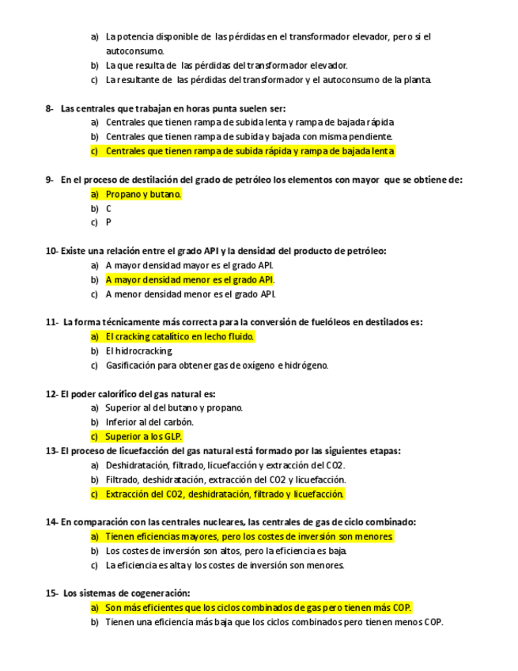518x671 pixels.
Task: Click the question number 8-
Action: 51,108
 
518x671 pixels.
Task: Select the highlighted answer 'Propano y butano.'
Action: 143,194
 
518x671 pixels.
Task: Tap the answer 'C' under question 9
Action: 109,208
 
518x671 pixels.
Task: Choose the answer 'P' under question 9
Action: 109,222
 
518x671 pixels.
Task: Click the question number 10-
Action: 52,251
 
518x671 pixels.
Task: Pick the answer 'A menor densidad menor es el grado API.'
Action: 191,294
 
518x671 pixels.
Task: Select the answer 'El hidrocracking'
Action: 138,351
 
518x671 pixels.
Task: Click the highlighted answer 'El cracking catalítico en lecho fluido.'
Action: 180,336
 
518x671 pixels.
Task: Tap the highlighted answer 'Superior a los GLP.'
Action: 143,436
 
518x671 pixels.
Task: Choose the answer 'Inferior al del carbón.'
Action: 149,422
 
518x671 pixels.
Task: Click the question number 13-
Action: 52,451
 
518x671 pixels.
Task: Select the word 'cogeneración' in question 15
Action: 158,593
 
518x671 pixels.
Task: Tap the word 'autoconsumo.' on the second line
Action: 135,51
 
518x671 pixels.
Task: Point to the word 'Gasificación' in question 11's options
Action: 131,365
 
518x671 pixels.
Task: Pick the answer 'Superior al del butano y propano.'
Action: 174,408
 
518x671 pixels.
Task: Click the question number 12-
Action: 52,393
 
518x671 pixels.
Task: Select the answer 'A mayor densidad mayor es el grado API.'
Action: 191,265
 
